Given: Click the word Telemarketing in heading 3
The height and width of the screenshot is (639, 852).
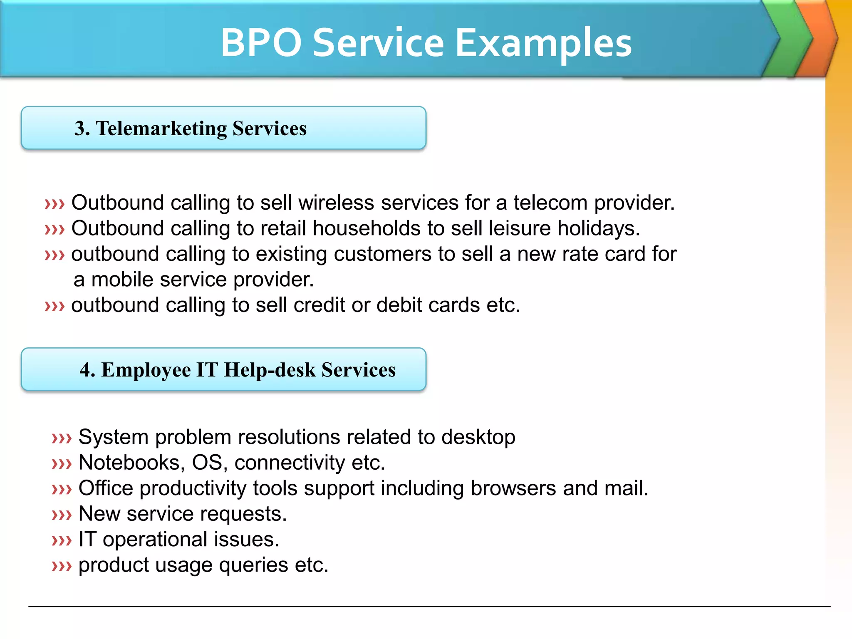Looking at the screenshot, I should tap(161, 129).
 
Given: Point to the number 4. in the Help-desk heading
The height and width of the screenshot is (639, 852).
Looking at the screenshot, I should tap(88, 369).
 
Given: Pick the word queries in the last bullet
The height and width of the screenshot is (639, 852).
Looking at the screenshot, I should tap(253, 565).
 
